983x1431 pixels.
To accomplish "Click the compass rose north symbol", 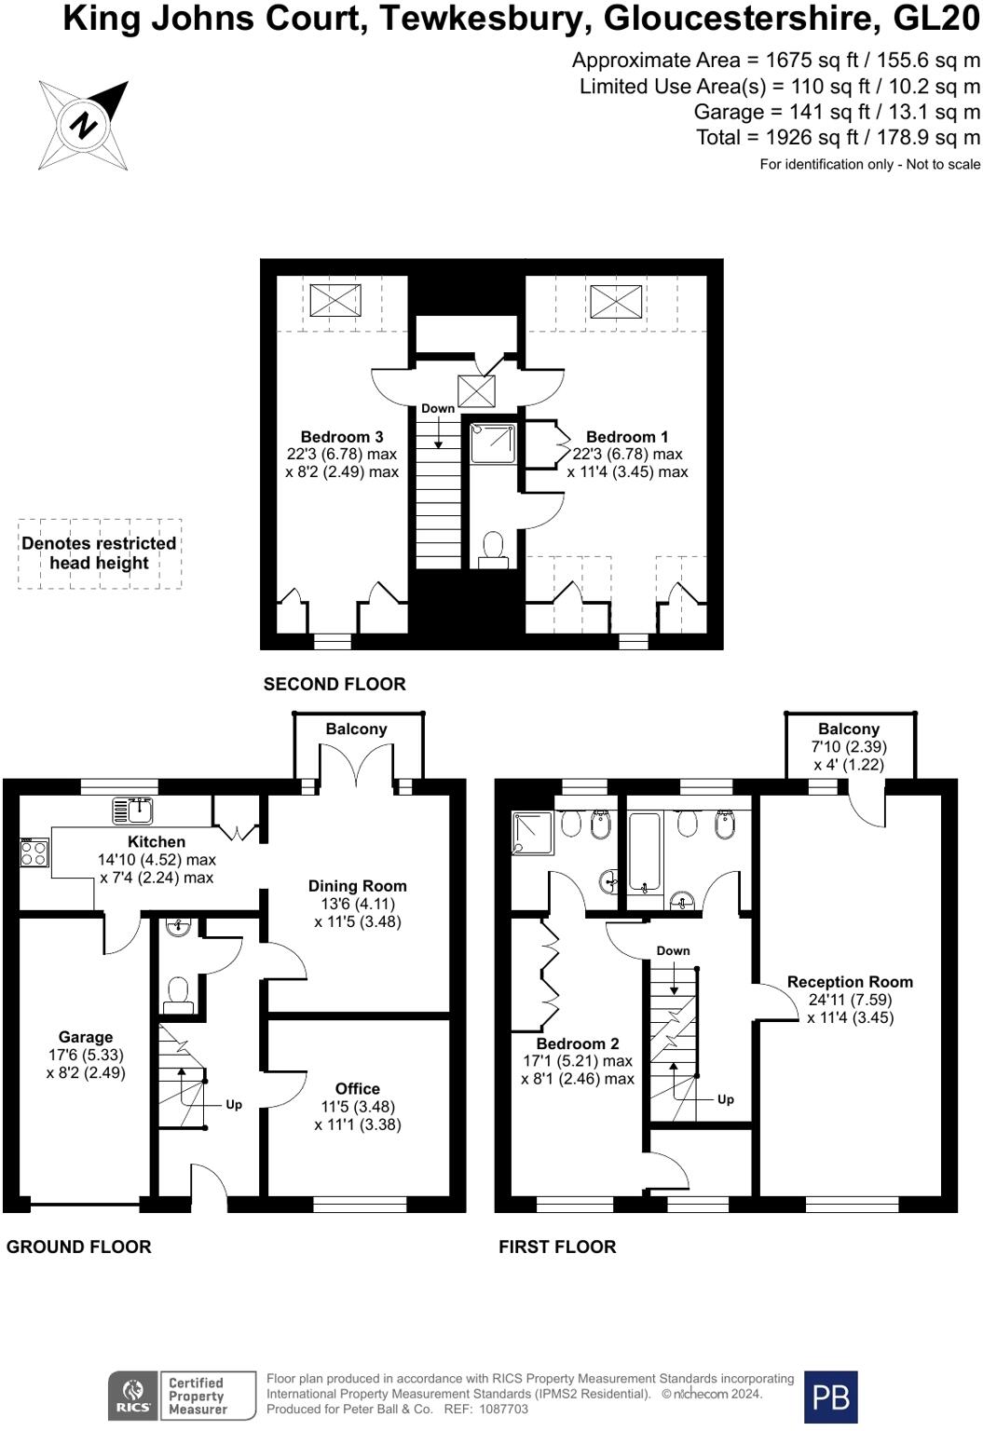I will (84, 125).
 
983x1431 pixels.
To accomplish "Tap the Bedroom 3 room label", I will (341, 437).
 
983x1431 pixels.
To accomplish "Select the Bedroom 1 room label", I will (626, 437).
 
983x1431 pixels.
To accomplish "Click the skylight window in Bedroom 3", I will (334, 300).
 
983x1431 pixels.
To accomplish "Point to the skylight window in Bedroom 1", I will (615, 300).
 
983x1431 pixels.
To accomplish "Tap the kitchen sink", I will (132, 811).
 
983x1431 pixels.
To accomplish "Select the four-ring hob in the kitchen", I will (34, 852).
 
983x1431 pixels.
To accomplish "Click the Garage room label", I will (86, 1037).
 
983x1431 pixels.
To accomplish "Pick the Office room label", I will (358, 1088).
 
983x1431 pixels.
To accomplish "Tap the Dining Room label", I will (358, 886).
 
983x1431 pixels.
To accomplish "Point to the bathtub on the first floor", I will (645, 852).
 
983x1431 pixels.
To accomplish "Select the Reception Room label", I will (850, 982).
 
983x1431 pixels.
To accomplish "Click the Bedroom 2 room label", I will (577, 1044).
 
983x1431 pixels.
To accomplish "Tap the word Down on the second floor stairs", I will (438, 408).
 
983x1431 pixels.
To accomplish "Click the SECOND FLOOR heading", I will (334, 684).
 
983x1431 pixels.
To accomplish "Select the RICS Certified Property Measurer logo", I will (182, 1396).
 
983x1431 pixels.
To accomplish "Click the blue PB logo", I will (830, 1397).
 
